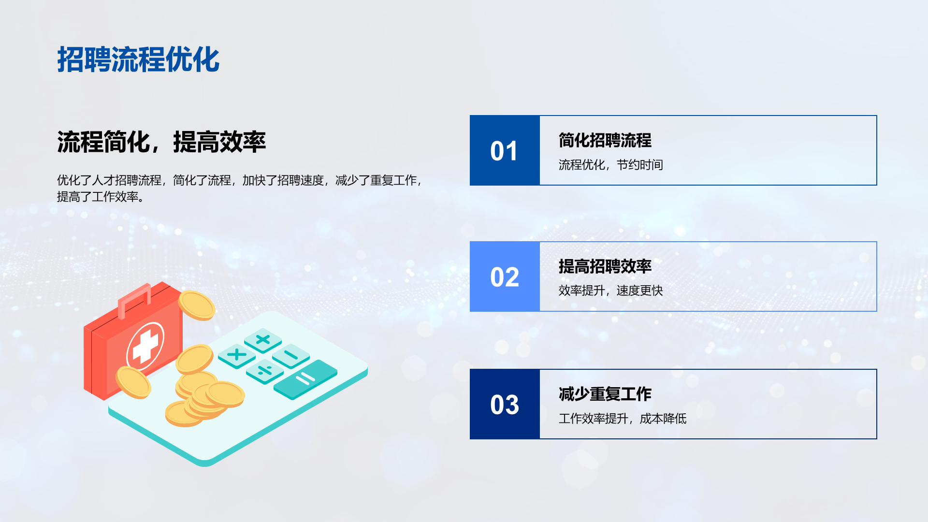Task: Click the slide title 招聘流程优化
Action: pyautogui.click(x=138, y=60)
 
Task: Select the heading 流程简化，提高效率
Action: pyautogui.click(x=161, y=142)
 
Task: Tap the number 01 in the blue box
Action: pyautogui.click(x=504, y=151)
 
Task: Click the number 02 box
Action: pyautogui.click(x=505, y=276)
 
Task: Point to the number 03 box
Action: pyautogui.click(x=505, y=404)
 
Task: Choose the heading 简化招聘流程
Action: pyautogui.click(x=605, y=140)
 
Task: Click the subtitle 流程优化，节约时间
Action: pyautogui.click(x=611, y=165)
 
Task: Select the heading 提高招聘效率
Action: pyautogui.click(x=605, y=266)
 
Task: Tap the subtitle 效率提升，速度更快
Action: pyautogui.click(x=611, y=290)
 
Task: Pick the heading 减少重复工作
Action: pyautogui.click(x=605, y=394)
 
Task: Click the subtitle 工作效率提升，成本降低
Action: pyautogui.click(x=623, y=419)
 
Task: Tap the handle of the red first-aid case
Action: pyautogui.click(x=134, y=301)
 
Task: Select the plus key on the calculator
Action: pyautogui.click(x=263, y=340)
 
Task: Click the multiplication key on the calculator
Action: pyautogui.click(x=237, y=356)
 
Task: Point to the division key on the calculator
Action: pyautogui.click(x=265, y=371)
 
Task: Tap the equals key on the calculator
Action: pyautogui.click(x=305, y=379)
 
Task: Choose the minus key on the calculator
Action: pyautogui.click(x=291, y=356)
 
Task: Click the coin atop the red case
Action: pyautogui.click(x=197, y=305)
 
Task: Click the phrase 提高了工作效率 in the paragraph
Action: pyautogui.click(x=98, y=197)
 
